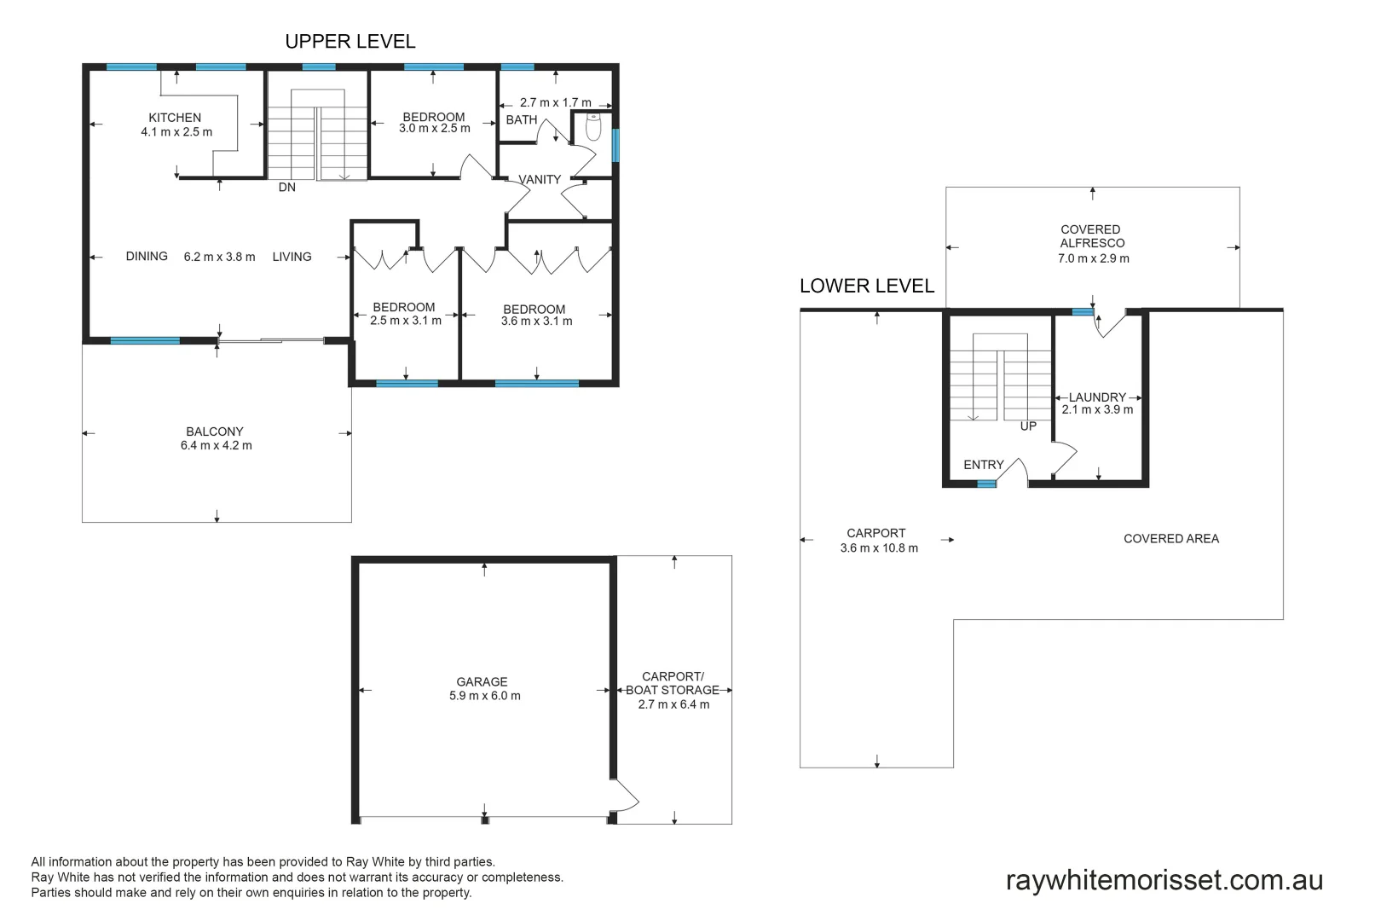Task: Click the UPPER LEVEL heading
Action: tap(350, 41)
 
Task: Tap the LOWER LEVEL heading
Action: tap(866, 286)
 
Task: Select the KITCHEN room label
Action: tap(175, 118)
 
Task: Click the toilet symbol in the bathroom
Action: tap(593, 127)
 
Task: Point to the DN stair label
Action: tap(286, 188)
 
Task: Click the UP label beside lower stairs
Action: tap(1028, 426)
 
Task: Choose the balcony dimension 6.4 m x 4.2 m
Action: tap(216, 445)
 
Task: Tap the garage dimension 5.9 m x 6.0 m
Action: tap(484, 696)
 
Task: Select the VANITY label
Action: tap(540, 180)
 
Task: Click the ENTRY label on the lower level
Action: tap(983, 465)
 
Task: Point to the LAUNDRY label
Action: tap(1097, 397)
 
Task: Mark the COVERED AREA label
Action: tap(1170, 539)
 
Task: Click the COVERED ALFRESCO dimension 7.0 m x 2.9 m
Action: tap(1093, 258)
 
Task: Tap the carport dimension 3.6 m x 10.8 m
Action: tap(879, 548)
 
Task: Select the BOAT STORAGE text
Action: tap(673, 690)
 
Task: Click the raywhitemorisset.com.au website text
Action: tap(1164, 880)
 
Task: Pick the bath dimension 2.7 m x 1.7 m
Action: tap(555, 102)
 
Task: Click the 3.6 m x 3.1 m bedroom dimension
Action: tap(536, 321)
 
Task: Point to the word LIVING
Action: tap(292, 257)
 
